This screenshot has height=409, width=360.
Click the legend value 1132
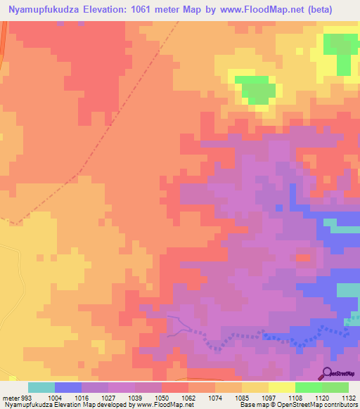pos(347,397)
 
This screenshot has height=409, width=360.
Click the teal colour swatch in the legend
pos(41,387)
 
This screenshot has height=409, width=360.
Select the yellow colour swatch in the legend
pos(282,387)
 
